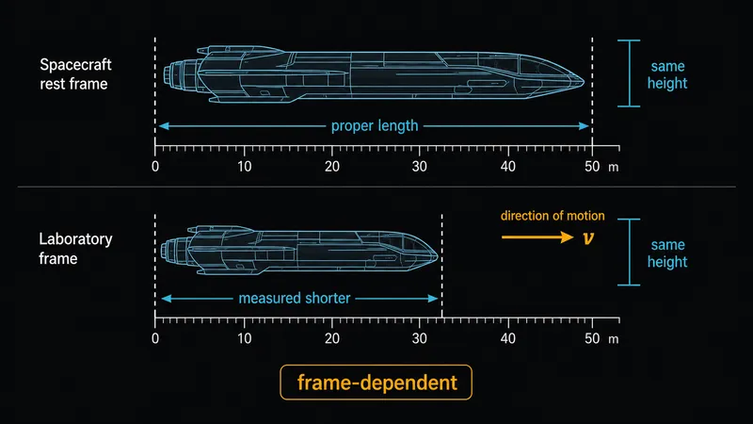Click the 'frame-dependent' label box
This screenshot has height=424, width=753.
click(x=376, y=383)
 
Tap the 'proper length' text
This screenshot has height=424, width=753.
click(x=375, y=126)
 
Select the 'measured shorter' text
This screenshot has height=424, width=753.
click(x=295, y=299)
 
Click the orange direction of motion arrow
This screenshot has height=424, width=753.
click(x=537, y=237)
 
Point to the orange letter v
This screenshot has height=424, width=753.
click(x=587, y=237)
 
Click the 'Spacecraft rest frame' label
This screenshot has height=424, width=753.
click(x=75, y=74)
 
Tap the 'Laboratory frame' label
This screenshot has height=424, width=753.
click(x=75, y=249)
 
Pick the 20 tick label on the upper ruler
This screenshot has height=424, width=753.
click(x=332, y=167)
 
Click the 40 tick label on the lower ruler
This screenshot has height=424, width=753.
click(x=507, y=338)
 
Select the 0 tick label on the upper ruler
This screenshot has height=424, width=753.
click(x=155, y=167)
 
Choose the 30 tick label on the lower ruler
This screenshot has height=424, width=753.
click(x=419, y=338)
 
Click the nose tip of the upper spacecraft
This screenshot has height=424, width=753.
click(x=584, y=83)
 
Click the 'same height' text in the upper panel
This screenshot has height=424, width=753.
click(x=667, y=74)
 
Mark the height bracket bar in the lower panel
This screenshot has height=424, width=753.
click(x=629, y=252)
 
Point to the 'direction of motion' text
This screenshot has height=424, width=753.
click(x=553, y=216)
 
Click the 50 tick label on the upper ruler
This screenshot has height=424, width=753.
click(x=592, y=167)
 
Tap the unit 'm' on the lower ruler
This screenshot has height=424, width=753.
click(x=614, y=339)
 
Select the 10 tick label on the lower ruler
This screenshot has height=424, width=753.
click(x=244, y=338)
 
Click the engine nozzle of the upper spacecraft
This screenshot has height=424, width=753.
click(x=171, y=77)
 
